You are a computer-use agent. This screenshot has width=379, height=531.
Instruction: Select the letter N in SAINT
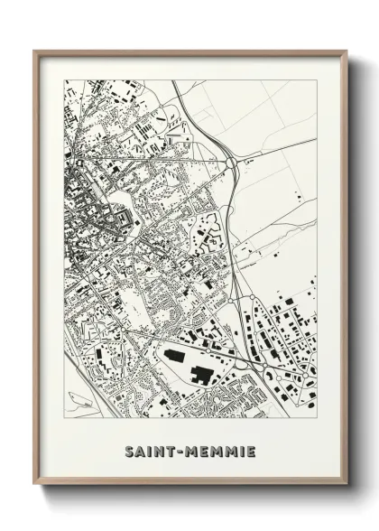pyautogui.click(x=160, y=451)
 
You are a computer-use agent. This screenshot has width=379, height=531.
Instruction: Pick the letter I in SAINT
pyautogui.click(x=150, y=451)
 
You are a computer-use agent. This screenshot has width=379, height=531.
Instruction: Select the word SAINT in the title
pyautogui.click(x=149, y=451)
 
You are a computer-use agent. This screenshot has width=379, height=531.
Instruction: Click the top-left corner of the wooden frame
pyautogui.click(x=34, y=51)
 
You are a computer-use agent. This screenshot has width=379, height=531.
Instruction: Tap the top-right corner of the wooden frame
pyautogui.click(x=346, y=51)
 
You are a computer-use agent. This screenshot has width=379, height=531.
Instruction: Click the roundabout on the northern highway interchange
pyautogui.click(x=232, y=163)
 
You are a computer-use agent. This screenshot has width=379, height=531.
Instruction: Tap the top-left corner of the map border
pyautogui.click(x=64, y=80)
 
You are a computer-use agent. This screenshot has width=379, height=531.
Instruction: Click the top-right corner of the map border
pyautogui.click(x=317, y=80)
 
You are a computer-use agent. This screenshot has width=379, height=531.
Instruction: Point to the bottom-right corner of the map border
pyautogui.click(x=317, y=418)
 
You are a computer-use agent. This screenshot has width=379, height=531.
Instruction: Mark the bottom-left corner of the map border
pyautogui.click(x=64, y=418)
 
